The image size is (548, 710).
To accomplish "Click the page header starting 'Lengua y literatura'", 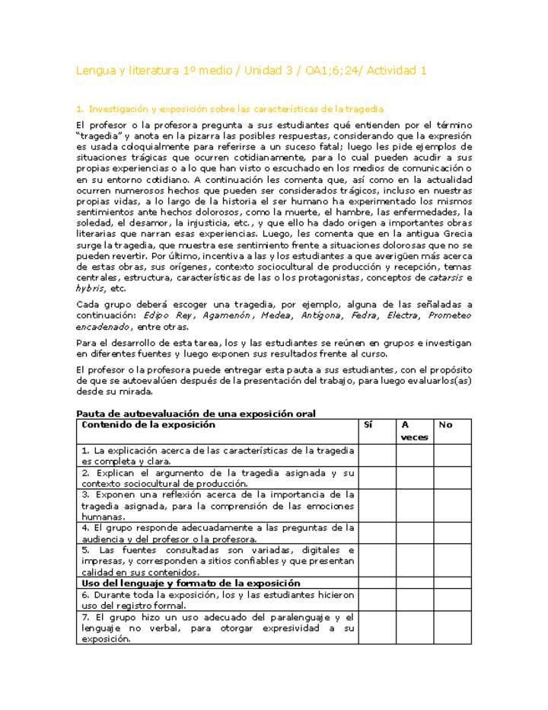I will click(251, 71).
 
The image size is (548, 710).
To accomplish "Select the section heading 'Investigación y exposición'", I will click(236, 110).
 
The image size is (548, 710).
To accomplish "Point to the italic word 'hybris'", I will click(89, 289).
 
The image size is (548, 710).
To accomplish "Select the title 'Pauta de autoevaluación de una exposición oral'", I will click(196, 414).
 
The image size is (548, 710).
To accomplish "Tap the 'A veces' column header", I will click(414, 431).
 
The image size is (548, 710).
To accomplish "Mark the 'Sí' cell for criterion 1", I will click(377, 456).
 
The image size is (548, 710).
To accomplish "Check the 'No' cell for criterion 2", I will click(453, 478).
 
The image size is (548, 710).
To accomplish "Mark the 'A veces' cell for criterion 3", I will click(414, 505).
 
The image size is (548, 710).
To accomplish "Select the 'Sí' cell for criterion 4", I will click(377, 532).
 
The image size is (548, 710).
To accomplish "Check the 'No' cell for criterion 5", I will click(453, 561).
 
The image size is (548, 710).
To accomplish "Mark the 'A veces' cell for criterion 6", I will click(414, 600).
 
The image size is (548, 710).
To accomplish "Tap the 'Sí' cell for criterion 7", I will click(377, 628).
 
